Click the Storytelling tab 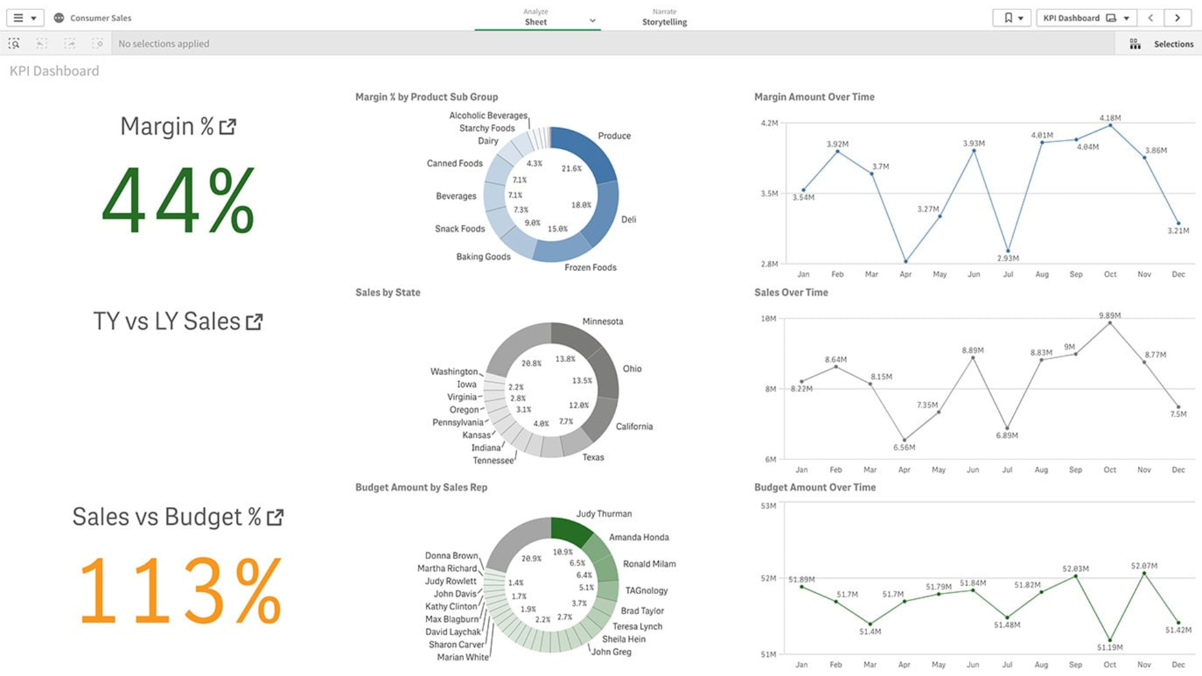click(x=664, y=22)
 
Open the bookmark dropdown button click(x=1012, y=18)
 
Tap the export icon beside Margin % click(x=227, y=127)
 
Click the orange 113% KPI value click(x=180, y=591)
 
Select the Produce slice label click(x=614, y=136)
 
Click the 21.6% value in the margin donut click(x=571, y=168)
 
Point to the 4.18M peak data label click(x=1110, y=118)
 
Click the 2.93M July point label click(x=1008, y=258)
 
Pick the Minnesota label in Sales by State click(x=602, y=322)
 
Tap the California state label click(x=634, y=427)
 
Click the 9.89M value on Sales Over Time click(x=1109, y=315)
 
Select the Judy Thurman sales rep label click(x=604, y=514)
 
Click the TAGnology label click(x=646, y=591)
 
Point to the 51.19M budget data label click(x=1109, y=647)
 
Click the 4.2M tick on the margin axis click(x=769, y=123)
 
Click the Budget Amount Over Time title click(x=814, y=488)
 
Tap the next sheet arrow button click(x=1177, y=18)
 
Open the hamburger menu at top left click(x=24, y=18)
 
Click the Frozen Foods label click(x=590, y=268)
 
